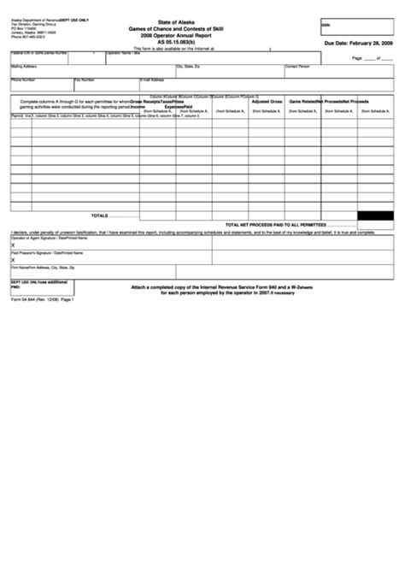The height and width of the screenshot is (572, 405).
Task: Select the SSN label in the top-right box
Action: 326,26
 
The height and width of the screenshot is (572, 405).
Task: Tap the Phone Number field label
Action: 23,79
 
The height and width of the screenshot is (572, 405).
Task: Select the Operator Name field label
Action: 122,52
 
